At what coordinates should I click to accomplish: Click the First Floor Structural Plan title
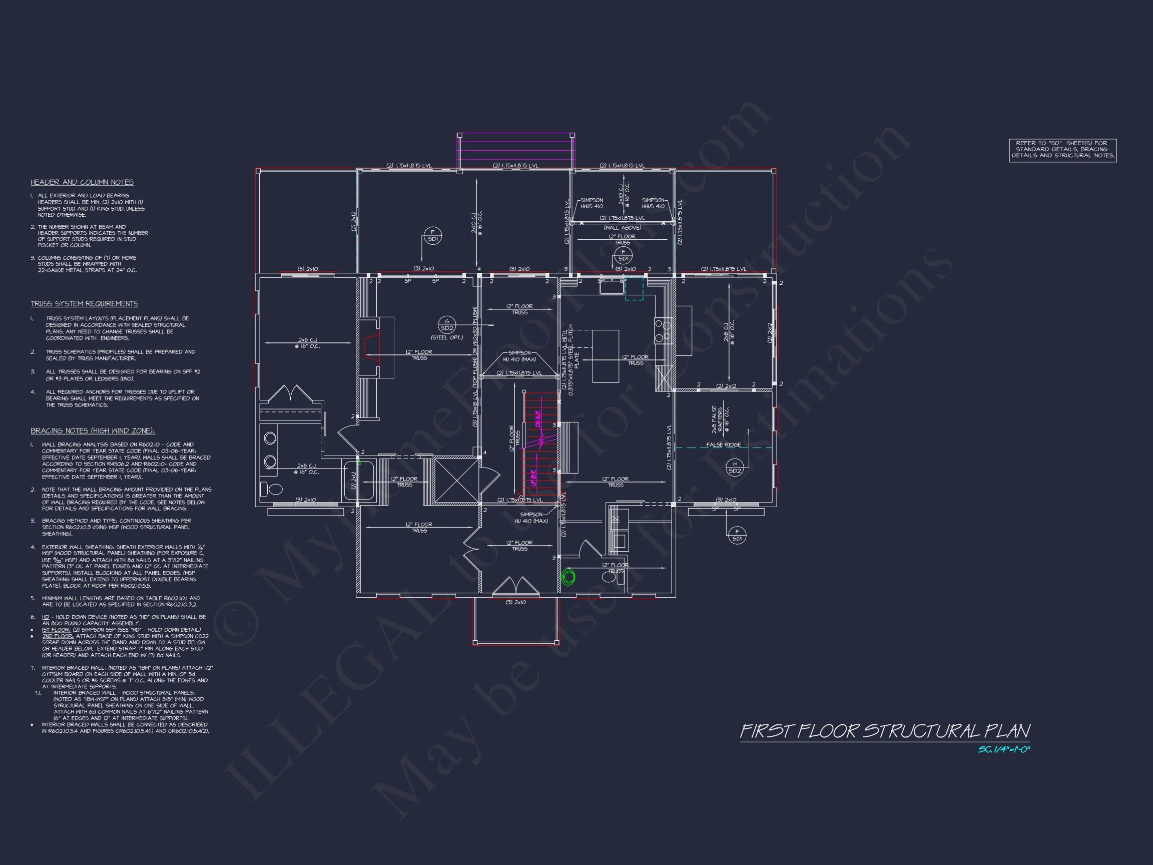885,731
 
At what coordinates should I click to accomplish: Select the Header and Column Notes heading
82,183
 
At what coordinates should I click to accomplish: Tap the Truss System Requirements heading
85,304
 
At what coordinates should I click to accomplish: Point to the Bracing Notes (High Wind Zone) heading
93,431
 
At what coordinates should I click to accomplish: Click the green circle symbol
568,577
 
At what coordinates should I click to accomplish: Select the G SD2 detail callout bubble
447,324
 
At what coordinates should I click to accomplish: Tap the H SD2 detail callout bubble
735,467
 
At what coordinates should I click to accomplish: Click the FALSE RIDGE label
723,445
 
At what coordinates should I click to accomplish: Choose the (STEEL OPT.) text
447,338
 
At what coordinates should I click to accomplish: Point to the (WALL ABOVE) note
623,228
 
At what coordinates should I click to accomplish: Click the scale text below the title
1004,750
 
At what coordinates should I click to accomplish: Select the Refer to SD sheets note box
1063,150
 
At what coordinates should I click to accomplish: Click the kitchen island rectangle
606,356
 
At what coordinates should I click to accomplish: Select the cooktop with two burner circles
663,331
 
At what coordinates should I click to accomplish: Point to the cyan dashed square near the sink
634,289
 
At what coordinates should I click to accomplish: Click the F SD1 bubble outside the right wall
737,535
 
